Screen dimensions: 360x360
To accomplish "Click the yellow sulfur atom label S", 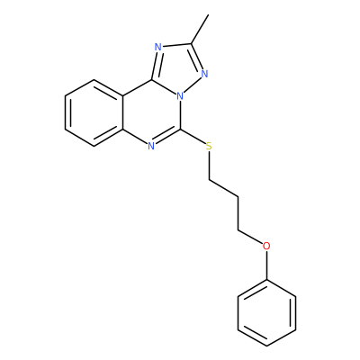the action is click(x=209, y=147).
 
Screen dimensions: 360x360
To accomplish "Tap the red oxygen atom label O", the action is click(x=266, y=246).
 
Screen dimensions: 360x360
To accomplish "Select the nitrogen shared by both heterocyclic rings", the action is click(x=180, y=96).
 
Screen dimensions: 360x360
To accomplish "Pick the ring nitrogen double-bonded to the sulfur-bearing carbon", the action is click(x=151, y=146).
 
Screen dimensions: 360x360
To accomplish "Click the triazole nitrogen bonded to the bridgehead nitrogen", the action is click(x=205, y=74).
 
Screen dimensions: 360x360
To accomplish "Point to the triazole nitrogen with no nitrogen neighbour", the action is click(x=158, y=47).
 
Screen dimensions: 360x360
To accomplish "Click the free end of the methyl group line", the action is click(x=208, y=14).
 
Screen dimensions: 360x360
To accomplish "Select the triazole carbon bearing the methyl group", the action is click(x=191, y=44).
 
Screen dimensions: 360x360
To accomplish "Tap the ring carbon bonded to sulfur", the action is click(x=180, y=130).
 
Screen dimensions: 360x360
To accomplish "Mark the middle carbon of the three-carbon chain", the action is click(x=238, y=197).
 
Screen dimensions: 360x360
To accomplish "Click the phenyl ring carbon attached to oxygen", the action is click(x=266, y=280).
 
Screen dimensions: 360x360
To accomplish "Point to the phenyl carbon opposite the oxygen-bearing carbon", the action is click(x=266, y=346).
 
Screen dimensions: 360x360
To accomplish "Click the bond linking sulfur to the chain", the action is click(x=209, y=166).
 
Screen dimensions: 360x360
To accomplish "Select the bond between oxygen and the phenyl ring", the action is click(x=266, y=265).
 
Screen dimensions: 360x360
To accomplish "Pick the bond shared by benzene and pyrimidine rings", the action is click(x=122, y=113).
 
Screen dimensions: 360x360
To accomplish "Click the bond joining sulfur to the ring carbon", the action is click(x=193, y=138).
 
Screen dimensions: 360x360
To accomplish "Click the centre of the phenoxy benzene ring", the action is click(x=266, y=313).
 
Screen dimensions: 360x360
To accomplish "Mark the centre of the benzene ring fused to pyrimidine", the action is click(x=94, y=113).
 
